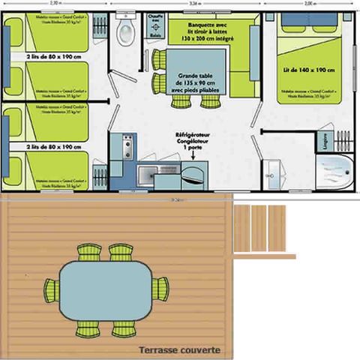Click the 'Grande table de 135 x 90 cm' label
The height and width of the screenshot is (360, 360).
pos(199,83)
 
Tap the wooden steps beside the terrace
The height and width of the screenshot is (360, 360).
pos(259,229)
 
